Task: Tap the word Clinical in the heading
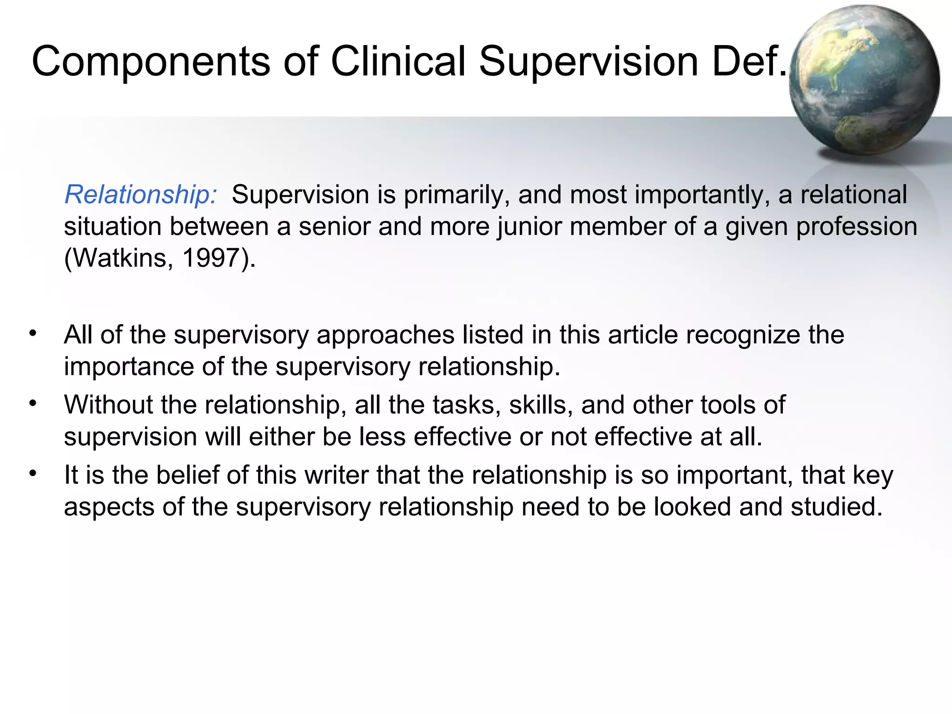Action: pos(398,62)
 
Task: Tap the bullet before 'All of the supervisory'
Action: pos(32,333)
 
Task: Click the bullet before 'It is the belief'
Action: pos(32,474)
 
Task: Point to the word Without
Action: pos(108,405)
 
